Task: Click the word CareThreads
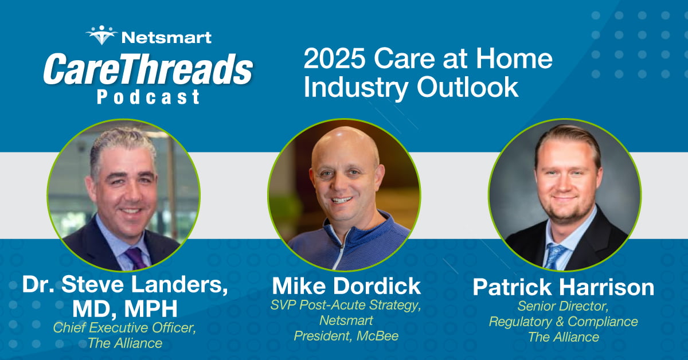tap(147, 71)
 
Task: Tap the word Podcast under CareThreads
tap(148, 97)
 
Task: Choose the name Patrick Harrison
tap(563, 287)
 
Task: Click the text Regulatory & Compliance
tap(563, 322)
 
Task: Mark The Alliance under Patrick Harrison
tap(563, 337)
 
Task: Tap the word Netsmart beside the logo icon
tap(166, 38)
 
